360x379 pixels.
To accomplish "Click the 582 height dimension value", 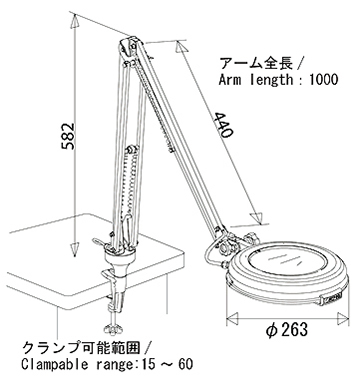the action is (68, 136).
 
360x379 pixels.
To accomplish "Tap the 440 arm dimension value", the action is (223, 125).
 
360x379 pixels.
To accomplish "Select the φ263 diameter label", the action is (287, 330).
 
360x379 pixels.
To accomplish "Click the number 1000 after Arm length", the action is (324, 80).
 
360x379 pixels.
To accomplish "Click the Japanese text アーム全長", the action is (256, 63).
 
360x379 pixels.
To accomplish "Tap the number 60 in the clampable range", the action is (185, 364).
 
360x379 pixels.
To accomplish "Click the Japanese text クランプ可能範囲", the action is (81, 348).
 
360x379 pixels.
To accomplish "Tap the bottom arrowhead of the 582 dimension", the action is (75, 250).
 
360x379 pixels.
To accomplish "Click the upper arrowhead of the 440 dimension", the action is (181, 47).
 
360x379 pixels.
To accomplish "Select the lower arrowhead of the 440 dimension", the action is (257, 217).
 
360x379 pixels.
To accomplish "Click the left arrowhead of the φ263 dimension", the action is (232, 318).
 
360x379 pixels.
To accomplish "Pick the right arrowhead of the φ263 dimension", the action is (343, 318).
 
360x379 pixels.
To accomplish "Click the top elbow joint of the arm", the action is (130, 47).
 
